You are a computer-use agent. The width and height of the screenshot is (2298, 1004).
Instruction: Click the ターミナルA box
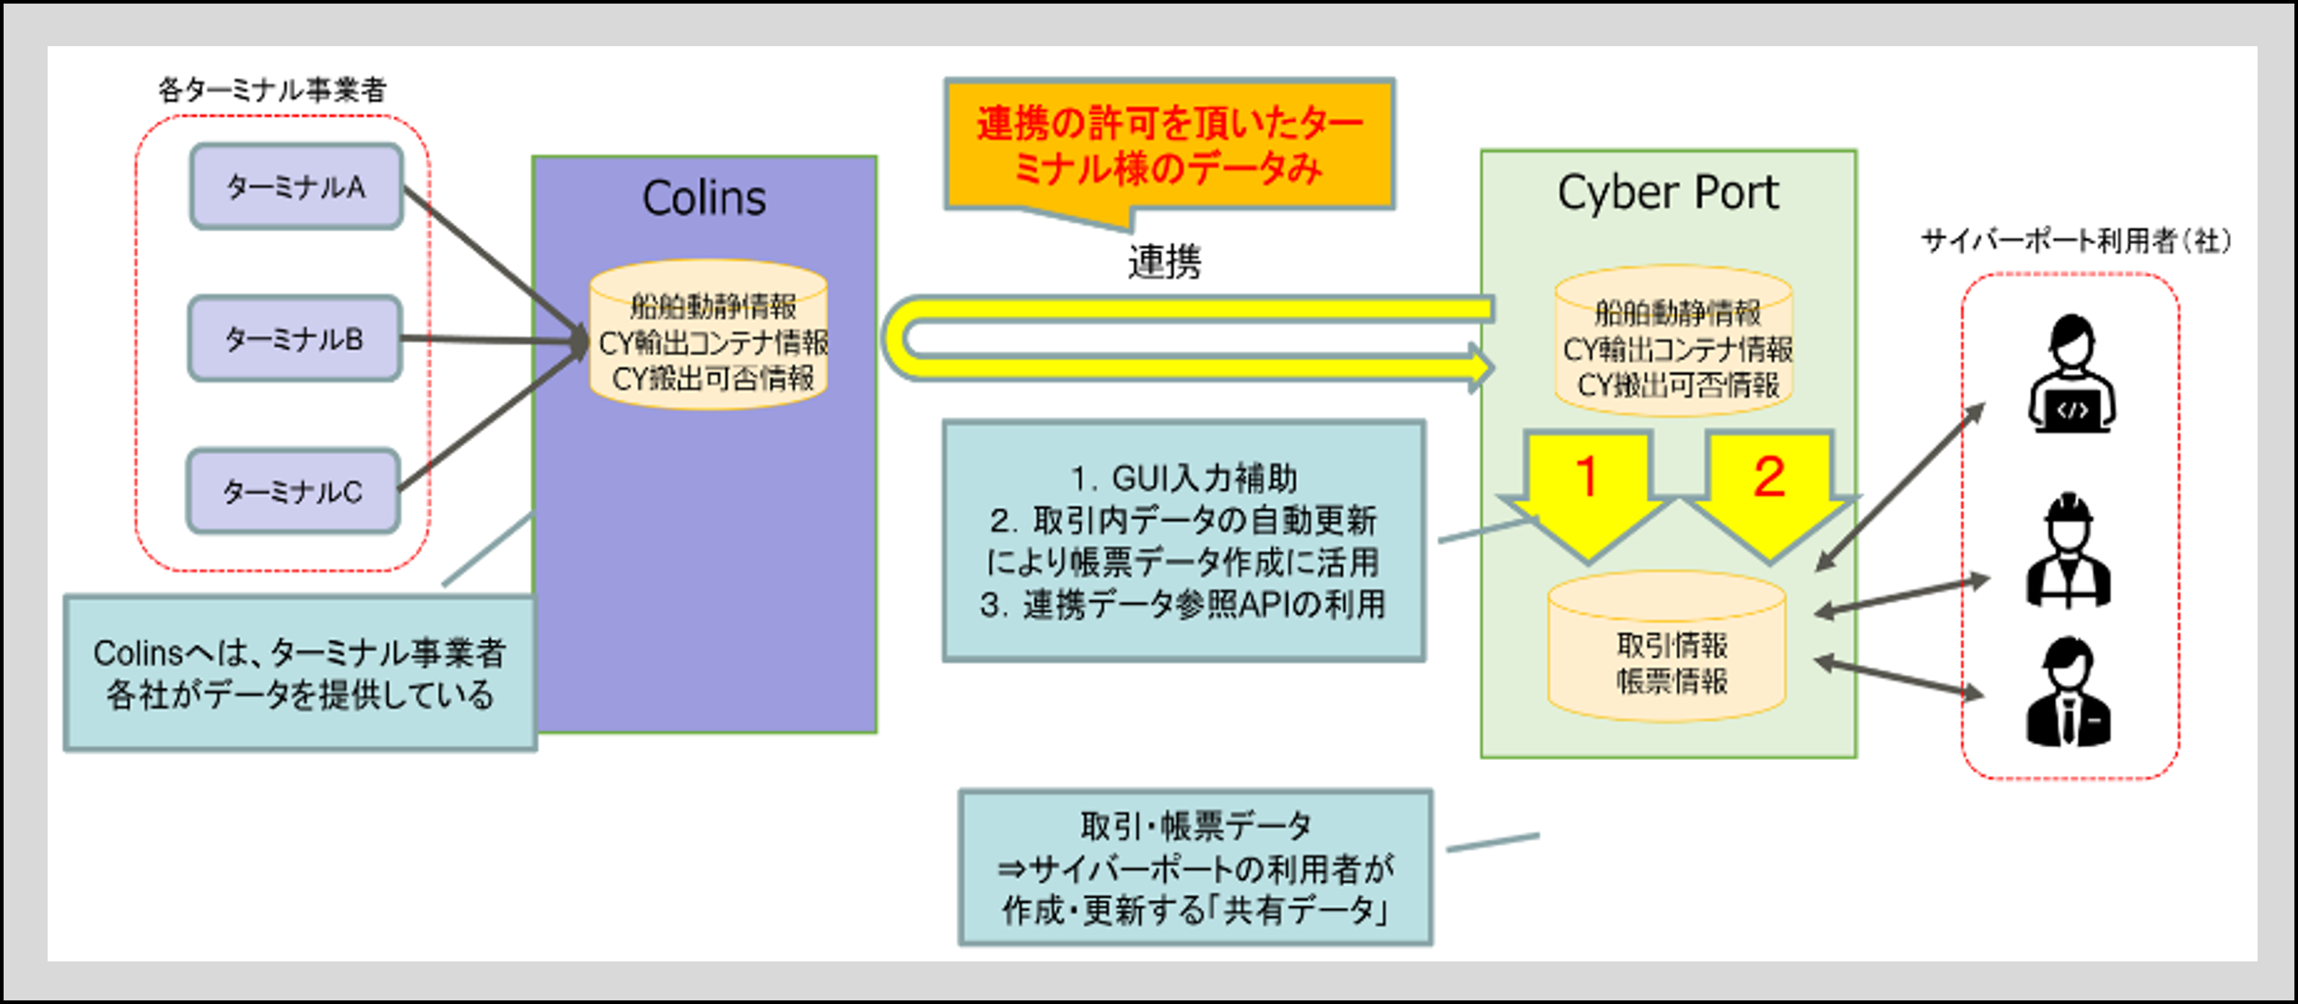pyautogui.click(x=296, y=186)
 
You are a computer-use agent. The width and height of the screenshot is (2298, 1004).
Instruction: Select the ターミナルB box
pyautogui.click(x=294, y=339)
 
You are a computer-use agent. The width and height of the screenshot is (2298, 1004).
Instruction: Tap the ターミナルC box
pyautogui.click(x=292, y=492)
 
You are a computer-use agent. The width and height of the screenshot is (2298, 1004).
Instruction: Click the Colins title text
pyautogui.click(x=704, y=197)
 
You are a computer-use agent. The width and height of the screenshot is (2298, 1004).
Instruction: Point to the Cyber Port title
pyautogui.click(x=1667, y=192)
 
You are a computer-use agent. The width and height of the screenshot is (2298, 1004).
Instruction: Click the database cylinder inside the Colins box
pyautogui.click(x=709, y=337)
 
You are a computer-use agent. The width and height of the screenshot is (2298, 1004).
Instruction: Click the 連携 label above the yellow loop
pyautogui.click(x=1164, y=261)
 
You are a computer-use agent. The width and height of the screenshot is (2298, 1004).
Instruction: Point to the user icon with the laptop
pyautogui.click(x=2071, y=374)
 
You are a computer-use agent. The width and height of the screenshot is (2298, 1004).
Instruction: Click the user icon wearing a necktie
pyautogui.click(x=2068, y=691)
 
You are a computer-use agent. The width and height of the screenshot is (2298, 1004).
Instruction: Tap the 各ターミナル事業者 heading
pyautogui.click(x=272, y=90)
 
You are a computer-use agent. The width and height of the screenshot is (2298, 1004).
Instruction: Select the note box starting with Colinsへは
pyautogui.click(x=300, y=674)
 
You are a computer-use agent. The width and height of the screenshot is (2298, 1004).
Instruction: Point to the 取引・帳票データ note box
pyautogui.click(x=1195, y=868)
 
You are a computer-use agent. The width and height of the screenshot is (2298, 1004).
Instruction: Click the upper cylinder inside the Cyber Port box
pyautogui.click(x=1674, y=342)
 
